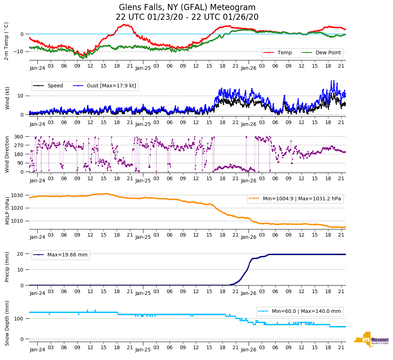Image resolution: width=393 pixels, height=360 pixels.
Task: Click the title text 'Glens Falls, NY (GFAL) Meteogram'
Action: pyautogui.click(x=187, y=8)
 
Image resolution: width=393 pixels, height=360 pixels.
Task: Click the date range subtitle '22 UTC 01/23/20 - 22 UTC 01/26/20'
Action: pyautogui.click(x=187, y=17)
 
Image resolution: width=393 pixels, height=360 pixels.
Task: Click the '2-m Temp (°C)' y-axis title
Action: pyautogui.click(x=6, y=41)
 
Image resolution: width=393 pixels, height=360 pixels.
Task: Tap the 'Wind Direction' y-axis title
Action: pyautogui.click(x=7, y=154)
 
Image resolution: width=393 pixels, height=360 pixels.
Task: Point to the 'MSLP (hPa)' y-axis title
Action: pyautogui.click(x=7, y=210)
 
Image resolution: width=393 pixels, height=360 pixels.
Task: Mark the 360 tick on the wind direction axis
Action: pyautogui.click(x=19, y=137)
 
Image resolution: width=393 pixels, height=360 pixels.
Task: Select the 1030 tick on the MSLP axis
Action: pyautogui.click(x=18, y=195)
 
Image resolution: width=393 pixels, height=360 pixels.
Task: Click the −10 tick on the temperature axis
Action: pyautogui.click(x=18, y=51)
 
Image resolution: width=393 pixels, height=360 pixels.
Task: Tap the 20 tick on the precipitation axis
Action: pyautogui.click(x=21, y=254)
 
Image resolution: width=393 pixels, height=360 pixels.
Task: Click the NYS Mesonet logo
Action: pyautogui.click(x=371, y=340)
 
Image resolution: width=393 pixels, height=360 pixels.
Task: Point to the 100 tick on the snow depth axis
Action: pyautogui.click(x=19, y=319)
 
